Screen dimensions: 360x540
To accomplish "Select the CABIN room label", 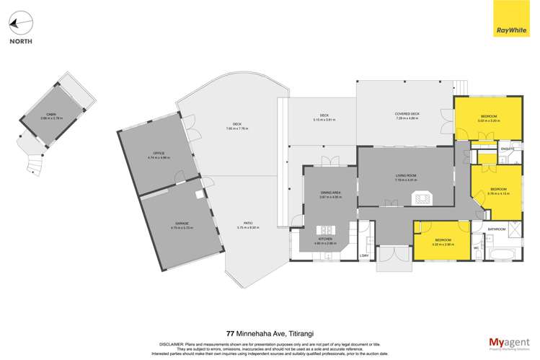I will [x=52, y=115].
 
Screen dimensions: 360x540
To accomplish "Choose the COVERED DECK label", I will [x=407, y=113].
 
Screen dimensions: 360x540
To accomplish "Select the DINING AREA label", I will [x=330, y=191].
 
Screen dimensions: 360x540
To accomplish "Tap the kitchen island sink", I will [x=329, y=230].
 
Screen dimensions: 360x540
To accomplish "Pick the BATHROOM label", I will [x=496, y=229].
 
